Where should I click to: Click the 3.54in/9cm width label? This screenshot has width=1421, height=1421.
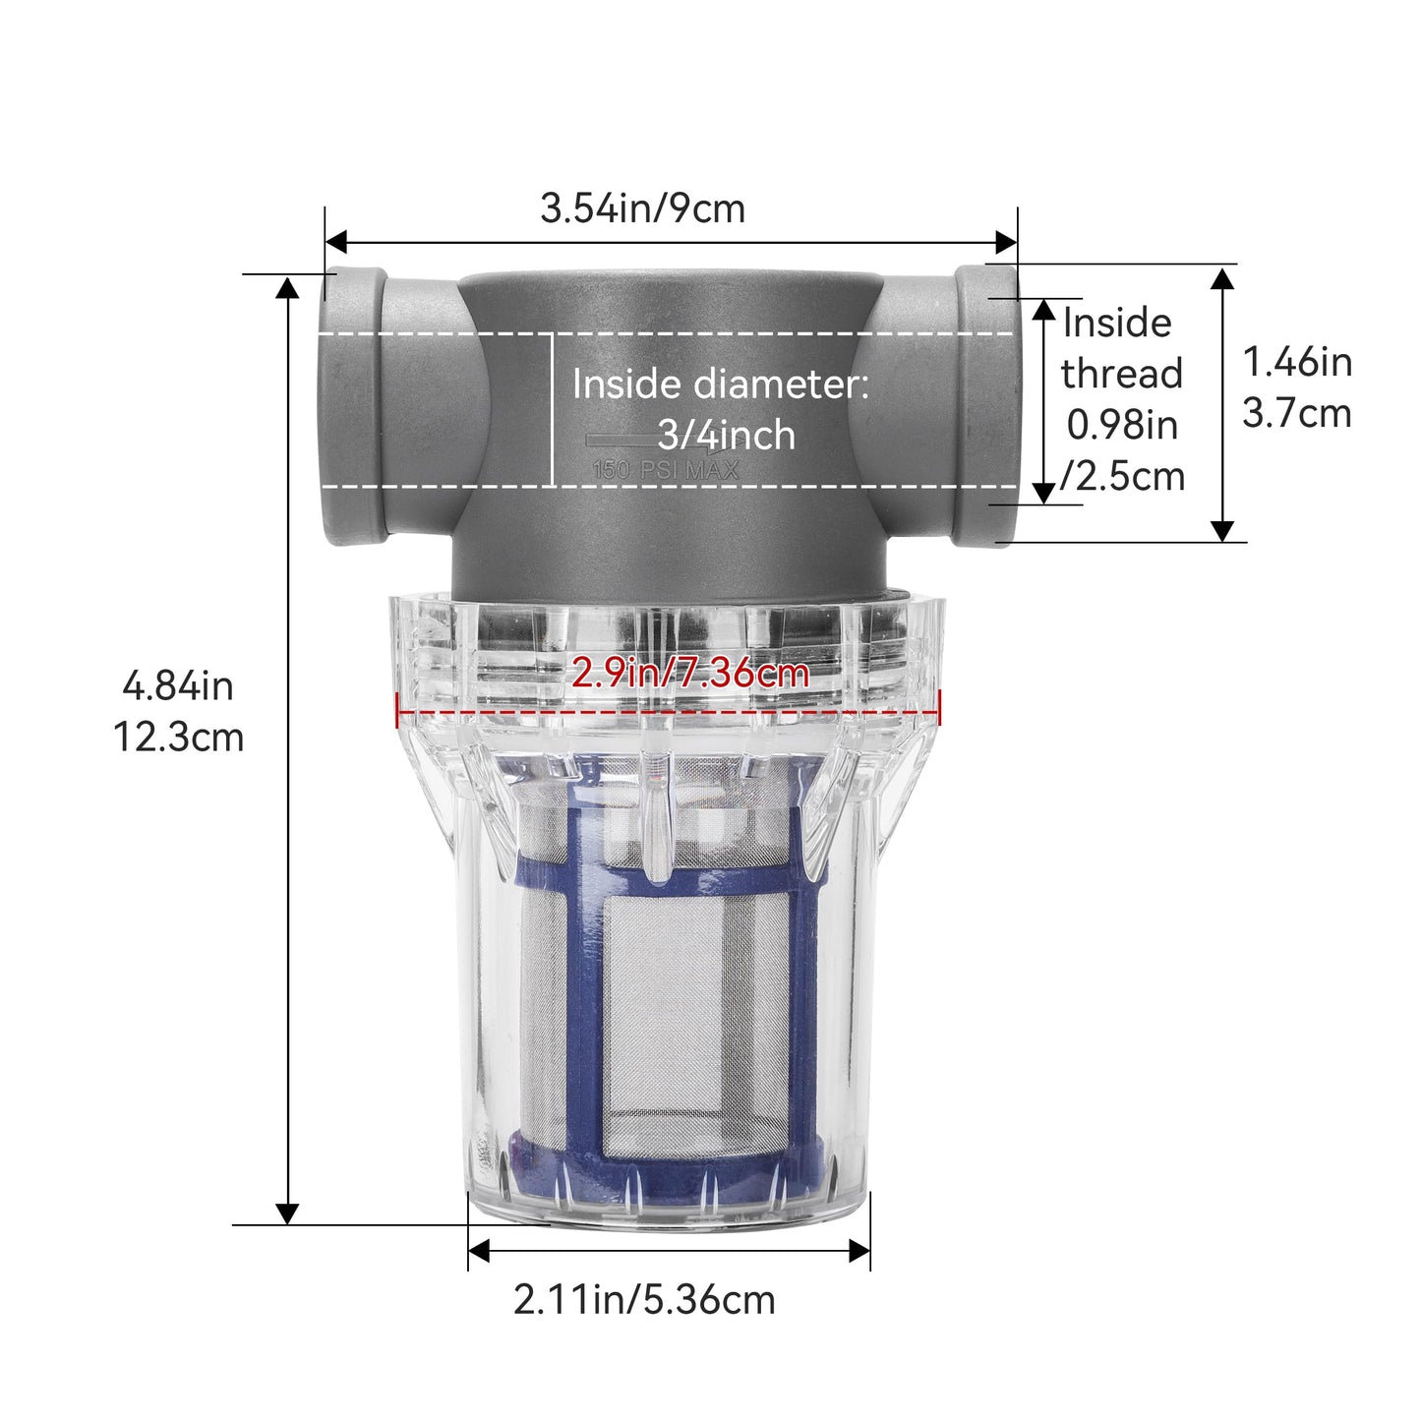tap(642, 208)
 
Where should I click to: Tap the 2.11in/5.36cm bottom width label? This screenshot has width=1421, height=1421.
tap(644, 1300)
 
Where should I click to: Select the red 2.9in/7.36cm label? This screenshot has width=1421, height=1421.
tap(689, 674)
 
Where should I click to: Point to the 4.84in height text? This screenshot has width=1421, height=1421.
tap(178, 685)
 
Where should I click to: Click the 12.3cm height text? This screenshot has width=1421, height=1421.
tap(178, 737)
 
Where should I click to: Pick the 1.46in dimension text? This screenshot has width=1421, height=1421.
tap(1297, 362)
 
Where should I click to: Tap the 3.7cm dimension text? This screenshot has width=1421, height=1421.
tap(1296, 413)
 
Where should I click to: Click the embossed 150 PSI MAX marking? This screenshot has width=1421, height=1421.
tap(665, 470)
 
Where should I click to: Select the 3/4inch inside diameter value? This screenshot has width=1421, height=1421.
tap(726, 435)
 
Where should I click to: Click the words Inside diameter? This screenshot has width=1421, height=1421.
tap(720, 384)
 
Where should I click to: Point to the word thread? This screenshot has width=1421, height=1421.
tap(1121, 374)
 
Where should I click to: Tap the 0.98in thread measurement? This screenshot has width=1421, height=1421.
tap(1122, 425)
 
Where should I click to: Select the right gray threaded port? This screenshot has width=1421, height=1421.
tap(986, 405)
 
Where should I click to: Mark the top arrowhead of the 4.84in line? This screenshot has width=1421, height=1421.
tap(287, 287)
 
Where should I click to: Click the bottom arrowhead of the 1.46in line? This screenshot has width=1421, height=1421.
tap(1221, 530)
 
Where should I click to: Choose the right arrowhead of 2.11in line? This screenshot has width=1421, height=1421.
tap(859, 1251)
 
